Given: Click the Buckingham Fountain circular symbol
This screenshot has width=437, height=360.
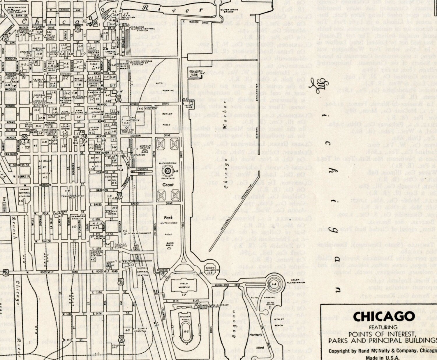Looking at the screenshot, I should click(168, 171).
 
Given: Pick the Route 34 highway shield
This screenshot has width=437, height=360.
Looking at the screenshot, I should click(84, 136).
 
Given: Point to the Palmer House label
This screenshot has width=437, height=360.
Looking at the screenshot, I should click(94, 110).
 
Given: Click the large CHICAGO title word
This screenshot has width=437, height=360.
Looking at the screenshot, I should click(384, 317).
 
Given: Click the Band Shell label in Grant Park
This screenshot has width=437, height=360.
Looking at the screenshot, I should click(170, 244).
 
